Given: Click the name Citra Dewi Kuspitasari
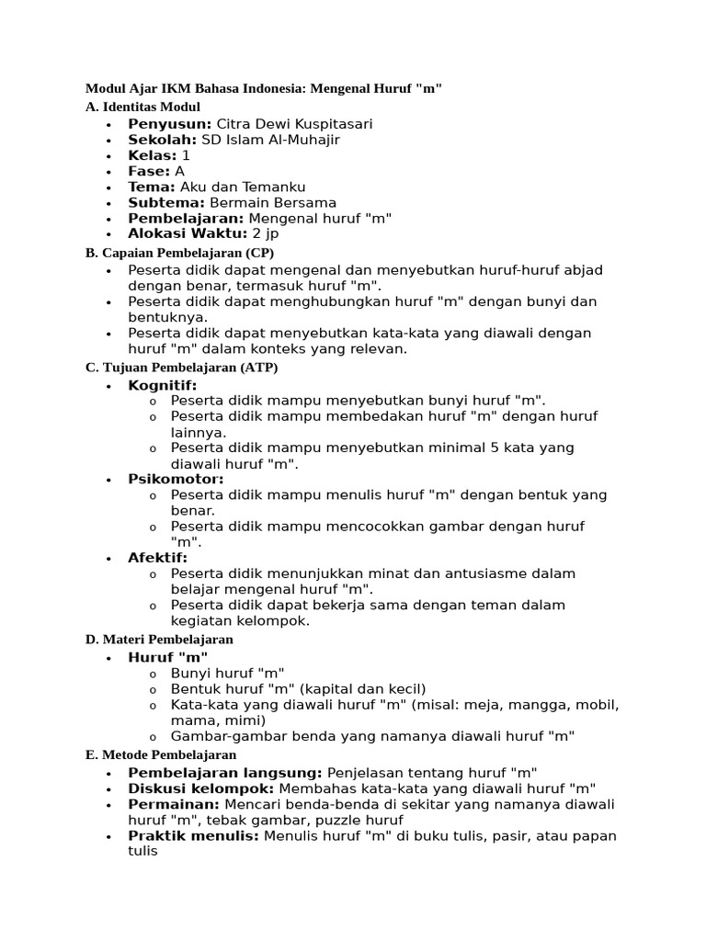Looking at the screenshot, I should (294, 124).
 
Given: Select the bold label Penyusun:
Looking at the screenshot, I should (170, 124).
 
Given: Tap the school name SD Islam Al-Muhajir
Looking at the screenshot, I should (270, 140).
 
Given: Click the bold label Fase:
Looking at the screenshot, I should (149, 171).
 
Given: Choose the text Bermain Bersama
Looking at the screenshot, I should (273, 202).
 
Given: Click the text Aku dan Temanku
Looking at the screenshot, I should (243, 187).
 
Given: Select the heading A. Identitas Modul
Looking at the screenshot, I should (142, 107).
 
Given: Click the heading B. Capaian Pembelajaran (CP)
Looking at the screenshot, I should (179, 252).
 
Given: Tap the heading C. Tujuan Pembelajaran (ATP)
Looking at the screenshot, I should (181, 368).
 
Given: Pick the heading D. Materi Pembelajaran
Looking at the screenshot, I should (159, 639).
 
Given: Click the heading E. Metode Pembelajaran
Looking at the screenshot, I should (161, 754).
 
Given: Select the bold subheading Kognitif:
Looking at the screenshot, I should (163, 385).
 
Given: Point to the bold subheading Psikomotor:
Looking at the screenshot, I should (176, 479).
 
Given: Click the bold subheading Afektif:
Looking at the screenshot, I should (158, 558).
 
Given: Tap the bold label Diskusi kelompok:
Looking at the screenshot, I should (201, 788).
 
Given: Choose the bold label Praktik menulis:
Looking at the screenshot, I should (194, 835).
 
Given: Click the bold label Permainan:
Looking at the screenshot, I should (174, 804).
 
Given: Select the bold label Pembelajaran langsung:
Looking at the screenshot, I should (225, 773).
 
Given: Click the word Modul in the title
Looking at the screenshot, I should (104, 89).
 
